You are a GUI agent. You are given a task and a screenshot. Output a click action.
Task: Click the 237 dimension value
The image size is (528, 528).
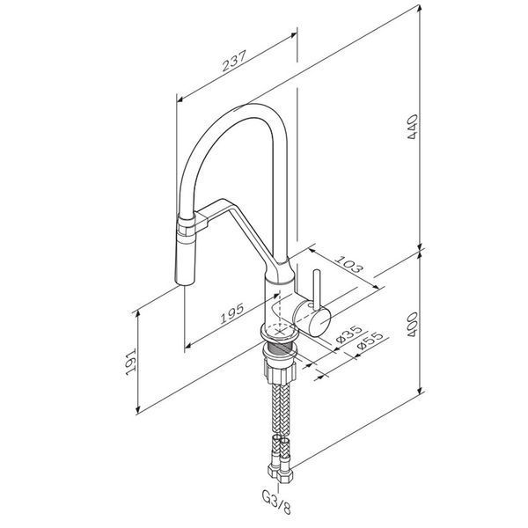tap(234, 61)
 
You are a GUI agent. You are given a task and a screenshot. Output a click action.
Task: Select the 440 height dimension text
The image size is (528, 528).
tap(413, 127)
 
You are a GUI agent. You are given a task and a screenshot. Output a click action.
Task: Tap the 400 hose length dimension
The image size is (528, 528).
tap(413, 325)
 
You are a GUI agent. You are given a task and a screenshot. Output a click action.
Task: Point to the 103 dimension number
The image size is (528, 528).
tap(350, 265)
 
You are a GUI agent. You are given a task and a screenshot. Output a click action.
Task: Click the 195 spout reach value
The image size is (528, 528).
tap(232, 314)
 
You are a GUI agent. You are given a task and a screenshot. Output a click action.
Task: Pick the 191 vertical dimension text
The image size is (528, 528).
tap(130, 362)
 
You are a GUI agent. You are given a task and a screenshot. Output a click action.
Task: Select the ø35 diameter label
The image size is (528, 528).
tap(348, 334)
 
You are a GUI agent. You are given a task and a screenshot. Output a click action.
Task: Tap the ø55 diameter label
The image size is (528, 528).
tap(370, 341)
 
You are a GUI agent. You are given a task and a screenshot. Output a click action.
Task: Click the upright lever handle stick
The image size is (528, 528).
tap(317, 289)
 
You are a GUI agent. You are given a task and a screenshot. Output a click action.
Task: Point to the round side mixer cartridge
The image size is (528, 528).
tap(312, 319)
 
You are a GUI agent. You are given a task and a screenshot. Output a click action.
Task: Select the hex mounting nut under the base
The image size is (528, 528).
tap(281, 371)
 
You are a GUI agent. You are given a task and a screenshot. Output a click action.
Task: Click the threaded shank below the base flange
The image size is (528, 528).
tap(280, 348)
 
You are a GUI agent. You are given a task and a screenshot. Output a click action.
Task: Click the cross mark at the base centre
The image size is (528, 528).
tap(280, 332)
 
